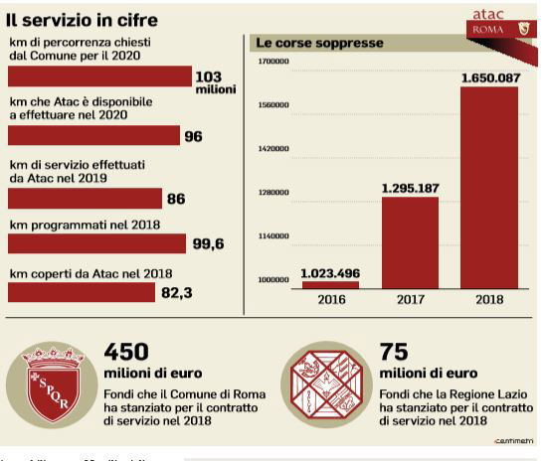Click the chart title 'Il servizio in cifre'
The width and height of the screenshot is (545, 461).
[x=82, y=21]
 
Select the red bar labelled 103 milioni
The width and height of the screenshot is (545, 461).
[x=99, y=77]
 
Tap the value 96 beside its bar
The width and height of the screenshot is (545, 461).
[x=193, y=137]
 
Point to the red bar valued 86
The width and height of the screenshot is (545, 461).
[x=85, y=198]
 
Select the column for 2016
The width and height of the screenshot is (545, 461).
[x=330, y=284]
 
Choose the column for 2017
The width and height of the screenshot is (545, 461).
[x=410, y=241]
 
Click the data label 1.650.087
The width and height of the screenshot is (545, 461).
[x=488, y=77]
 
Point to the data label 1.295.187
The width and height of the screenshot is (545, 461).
[x=410, y=187]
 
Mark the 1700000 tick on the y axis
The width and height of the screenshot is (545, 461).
[x=273, y=62]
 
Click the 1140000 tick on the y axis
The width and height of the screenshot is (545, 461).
[x=273, y=236]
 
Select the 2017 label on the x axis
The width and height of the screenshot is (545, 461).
[x=410, y=299]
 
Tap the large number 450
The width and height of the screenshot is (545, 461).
[x=126, y=353]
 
